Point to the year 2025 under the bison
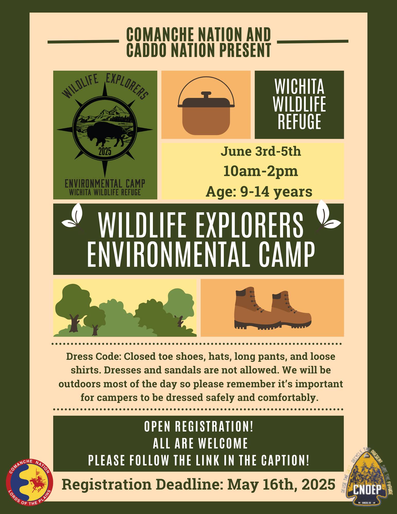point(105,152)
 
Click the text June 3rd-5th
point(261,151)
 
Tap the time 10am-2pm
point(261,171)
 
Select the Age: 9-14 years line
point(259,191)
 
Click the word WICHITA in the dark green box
point(299,87)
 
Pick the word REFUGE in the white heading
point(299,122)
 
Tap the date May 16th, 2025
point(281,484)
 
